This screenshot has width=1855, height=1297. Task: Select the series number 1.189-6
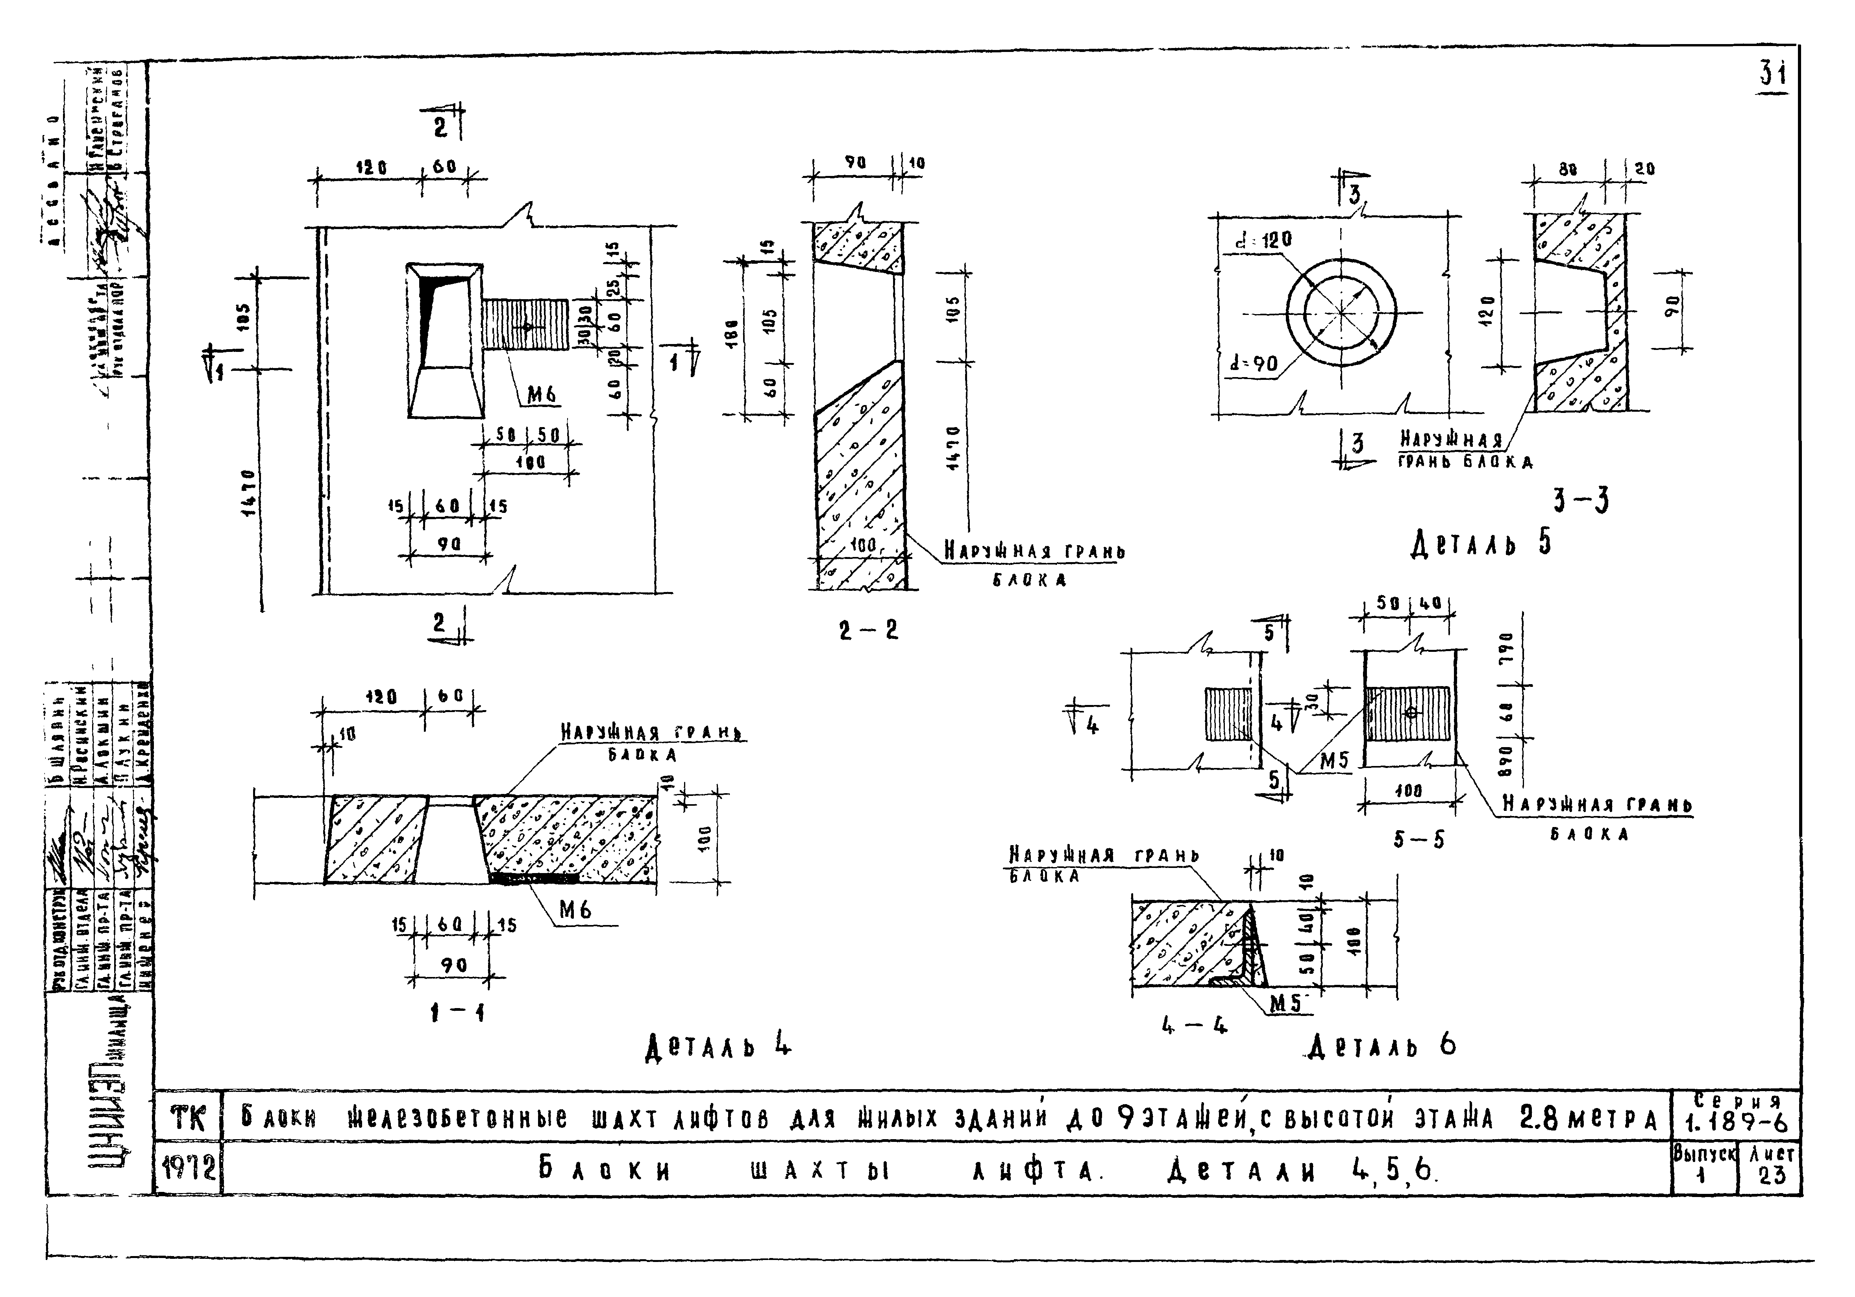1735,1123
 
